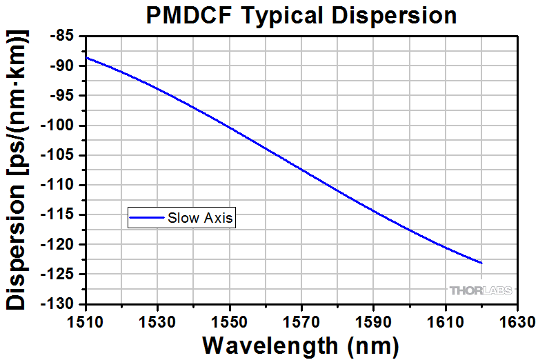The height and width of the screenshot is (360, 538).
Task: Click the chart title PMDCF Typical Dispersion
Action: click(301, 16)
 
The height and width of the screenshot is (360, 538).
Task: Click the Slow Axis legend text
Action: click(201, 219)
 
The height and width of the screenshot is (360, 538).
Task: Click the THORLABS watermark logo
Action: click(481, 290)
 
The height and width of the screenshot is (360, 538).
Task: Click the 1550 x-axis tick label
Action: click(230, 321)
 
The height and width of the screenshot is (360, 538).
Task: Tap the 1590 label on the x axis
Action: click(373, 321)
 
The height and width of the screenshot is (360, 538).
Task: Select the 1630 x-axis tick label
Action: click(517, 321)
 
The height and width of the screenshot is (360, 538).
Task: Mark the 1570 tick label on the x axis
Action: click(301, 321)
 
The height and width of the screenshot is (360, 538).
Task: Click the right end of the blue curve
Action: click(481, 263)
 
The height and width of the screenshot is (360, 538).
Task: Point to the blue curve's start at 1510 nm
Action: click(86, 57)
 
